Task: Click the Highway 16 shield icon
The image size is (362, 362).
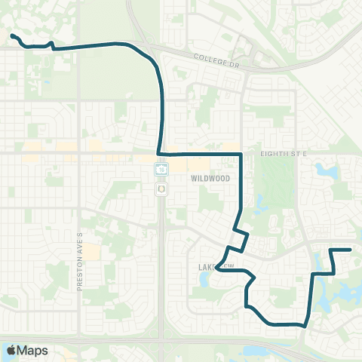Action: [161, 169]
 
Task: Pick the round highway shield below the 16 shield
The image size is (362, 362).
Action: [161, 189]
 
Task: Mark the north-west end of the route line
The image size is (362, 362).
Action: [12, 35]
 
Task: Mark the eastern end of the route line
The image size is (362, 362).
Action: [351, 250]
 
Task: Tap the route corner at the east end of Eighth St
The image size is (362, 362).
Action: [241, 154]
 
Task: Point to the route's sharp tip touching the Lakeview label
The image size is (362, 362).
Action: [216, 265]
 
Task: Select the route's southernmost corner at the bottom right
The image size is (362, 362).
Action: [305, 325]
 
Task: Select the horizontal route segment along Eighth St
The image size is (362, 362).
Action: [200, 154]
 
